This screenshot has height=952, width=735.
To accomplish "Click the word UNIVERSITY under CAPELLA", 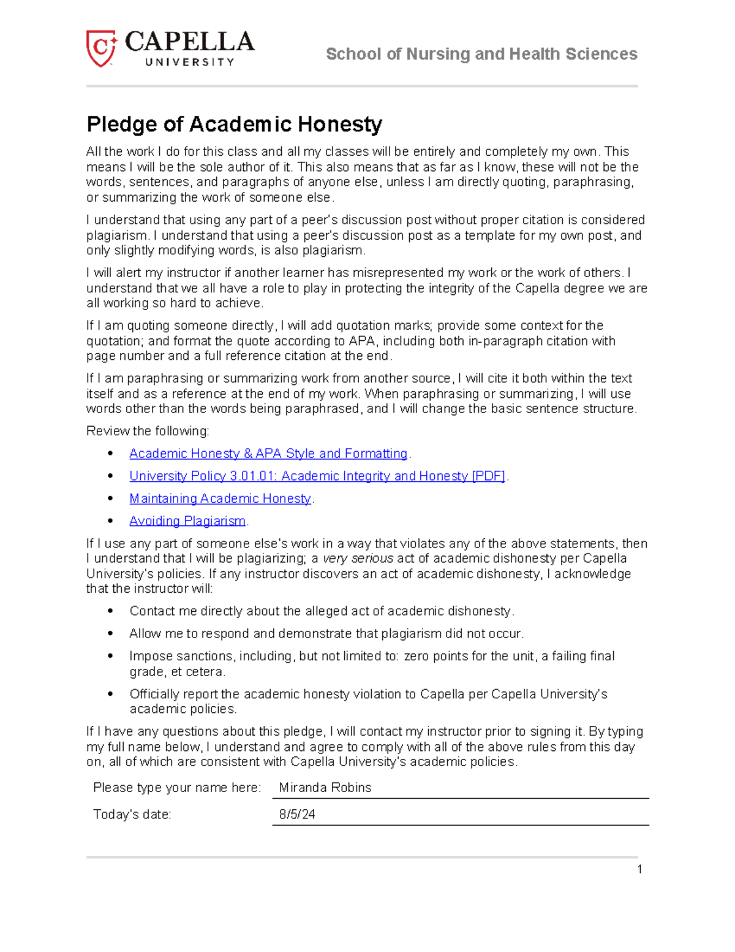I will tap(190, 62).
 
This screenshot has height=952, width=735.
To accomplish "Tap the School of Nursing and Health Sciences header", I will tap(481, 54).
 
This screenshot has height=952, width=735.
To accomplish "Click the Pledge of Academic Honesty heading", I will tap(234, 124).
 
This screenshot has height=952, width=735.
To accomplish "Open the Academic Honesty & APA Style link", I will tap(268, 454).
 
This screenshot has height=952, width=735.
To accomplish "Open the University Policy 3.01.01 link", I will tap(317, 476).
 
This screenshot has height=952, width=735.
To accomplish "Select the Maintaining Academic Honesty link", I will tap(220, 498).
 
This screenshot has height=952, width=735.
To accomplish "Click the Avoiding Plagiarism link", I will tap(187, 521).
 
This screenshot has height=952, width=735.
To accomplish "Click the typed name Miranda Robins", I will tap(325, 788).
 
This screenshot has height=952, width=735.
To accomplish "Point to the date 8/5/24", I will tap(297, 815).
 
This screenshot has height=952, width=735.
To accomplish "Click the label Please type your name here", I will tap(176, 788).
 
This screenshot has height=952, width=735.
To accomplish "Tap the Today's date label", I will tap(132, 815).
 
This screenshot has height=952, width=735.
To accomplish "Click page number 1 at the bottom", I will tap(639, 869).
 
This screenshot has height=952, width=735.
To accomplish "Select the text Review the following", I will tap(148, 431).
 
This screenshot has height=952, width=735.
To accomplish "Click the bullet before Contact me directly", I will tap(110, 611).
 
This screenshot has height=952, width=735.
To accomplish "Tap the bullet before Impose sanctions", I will tap(110, 656).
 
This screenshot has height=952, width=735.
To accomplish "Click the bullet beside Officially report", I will tap(110, 694).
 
